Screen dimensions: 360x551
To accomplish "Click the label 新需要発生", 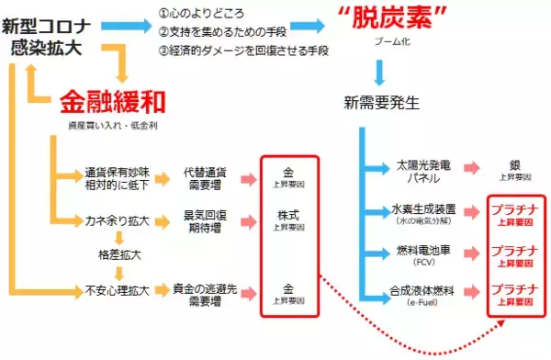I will (x=382, y=100).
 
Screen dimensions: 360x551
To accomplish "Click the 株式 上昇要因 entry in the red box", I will (x=290, y=221).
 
